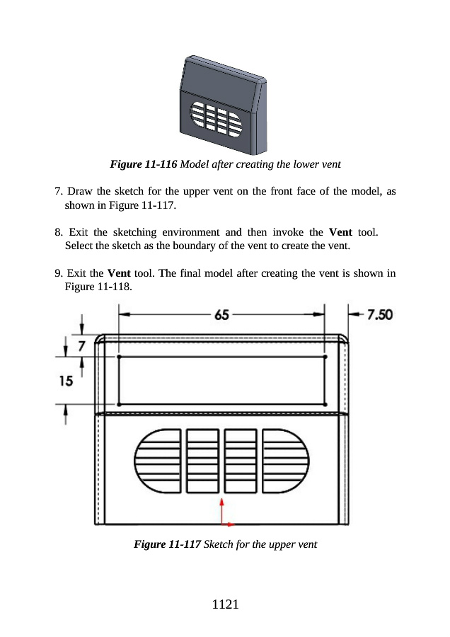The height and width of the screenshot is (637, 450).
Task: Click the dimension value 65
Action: pyautogui.click(x=221, y=315)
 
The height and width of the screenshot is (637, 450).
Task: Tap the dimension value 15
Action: pyautogui.click(x=65, y=381)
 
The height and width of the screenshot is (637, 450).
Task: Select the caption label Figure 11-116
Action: pyautogui.click(x=144, y=164)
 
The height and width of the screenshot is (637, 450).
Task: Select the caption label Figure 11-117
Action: pyautogui.click(x=167, y=544)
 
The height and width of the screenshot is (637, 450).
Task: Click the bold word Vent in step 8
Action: pyautogui.click(x=342, y=232)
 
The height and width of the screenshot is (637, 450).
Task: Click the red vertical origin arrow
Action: pyautogui.click(x=222, y=510)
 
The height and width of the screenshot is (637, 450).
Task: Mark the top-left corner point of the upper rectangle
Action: pyautogui.click(x=119, y=357)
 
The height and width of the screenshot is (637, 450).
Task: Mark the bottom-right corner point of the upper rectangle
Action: pyautogui.click(x=325, y=404)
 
